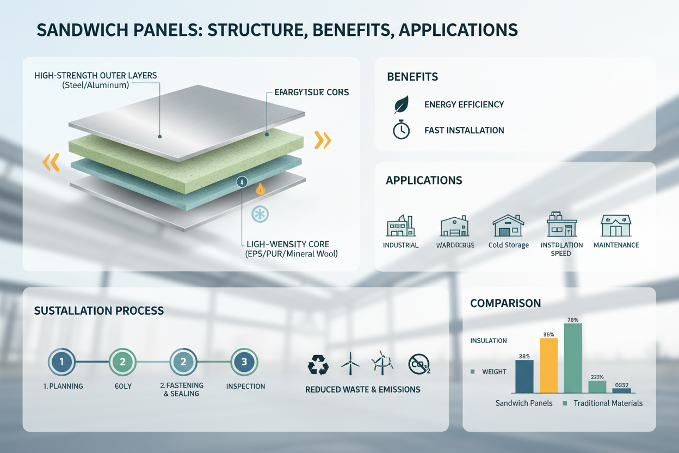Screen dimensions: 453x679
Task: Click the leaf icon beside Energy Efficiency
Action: tap(402, 105)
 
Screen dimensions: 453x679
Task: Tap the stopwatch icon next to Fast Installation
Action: tap(402, 130)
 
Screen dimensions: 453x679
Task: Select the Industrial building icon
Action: tap(400, 225)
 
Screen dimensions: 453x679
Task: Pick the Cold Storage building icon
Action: tap(508, 225)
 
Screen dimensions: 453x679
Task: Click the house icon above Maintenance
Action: tap(616, 225)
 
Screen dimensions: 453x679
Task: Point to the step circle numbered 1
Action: tap(62, 362)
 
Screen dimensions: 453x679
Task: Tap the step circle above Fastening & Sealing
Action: tap(184, 362)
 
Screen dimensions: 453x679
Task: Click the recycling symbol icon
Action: tap(318, 365)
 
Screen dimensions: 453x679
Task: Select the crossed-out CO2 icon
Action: tap(419, 364)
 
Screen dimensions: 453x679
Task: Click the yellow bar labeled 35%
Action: tap(548, 365)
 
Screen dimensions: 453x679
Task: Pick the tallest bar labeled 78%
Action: tap(573, 358)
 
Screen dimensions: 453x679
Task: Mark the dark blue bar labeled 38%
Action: tap(524, 376)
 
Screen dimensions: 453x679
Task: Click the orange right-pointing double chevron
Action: tap(323, 140)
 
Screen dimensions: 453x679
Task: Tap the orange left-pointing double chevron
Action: tap(51, 162)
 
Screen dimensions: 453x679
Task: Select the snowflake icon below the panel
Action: tap(260, 213)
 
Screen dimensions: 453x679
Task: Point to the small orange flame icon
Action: tap(261, 189)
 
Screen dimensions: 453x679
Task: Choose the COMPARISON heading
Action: tap(505, 303)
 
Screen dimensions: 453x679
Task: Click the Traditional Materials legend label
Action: tap(608, 403)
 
